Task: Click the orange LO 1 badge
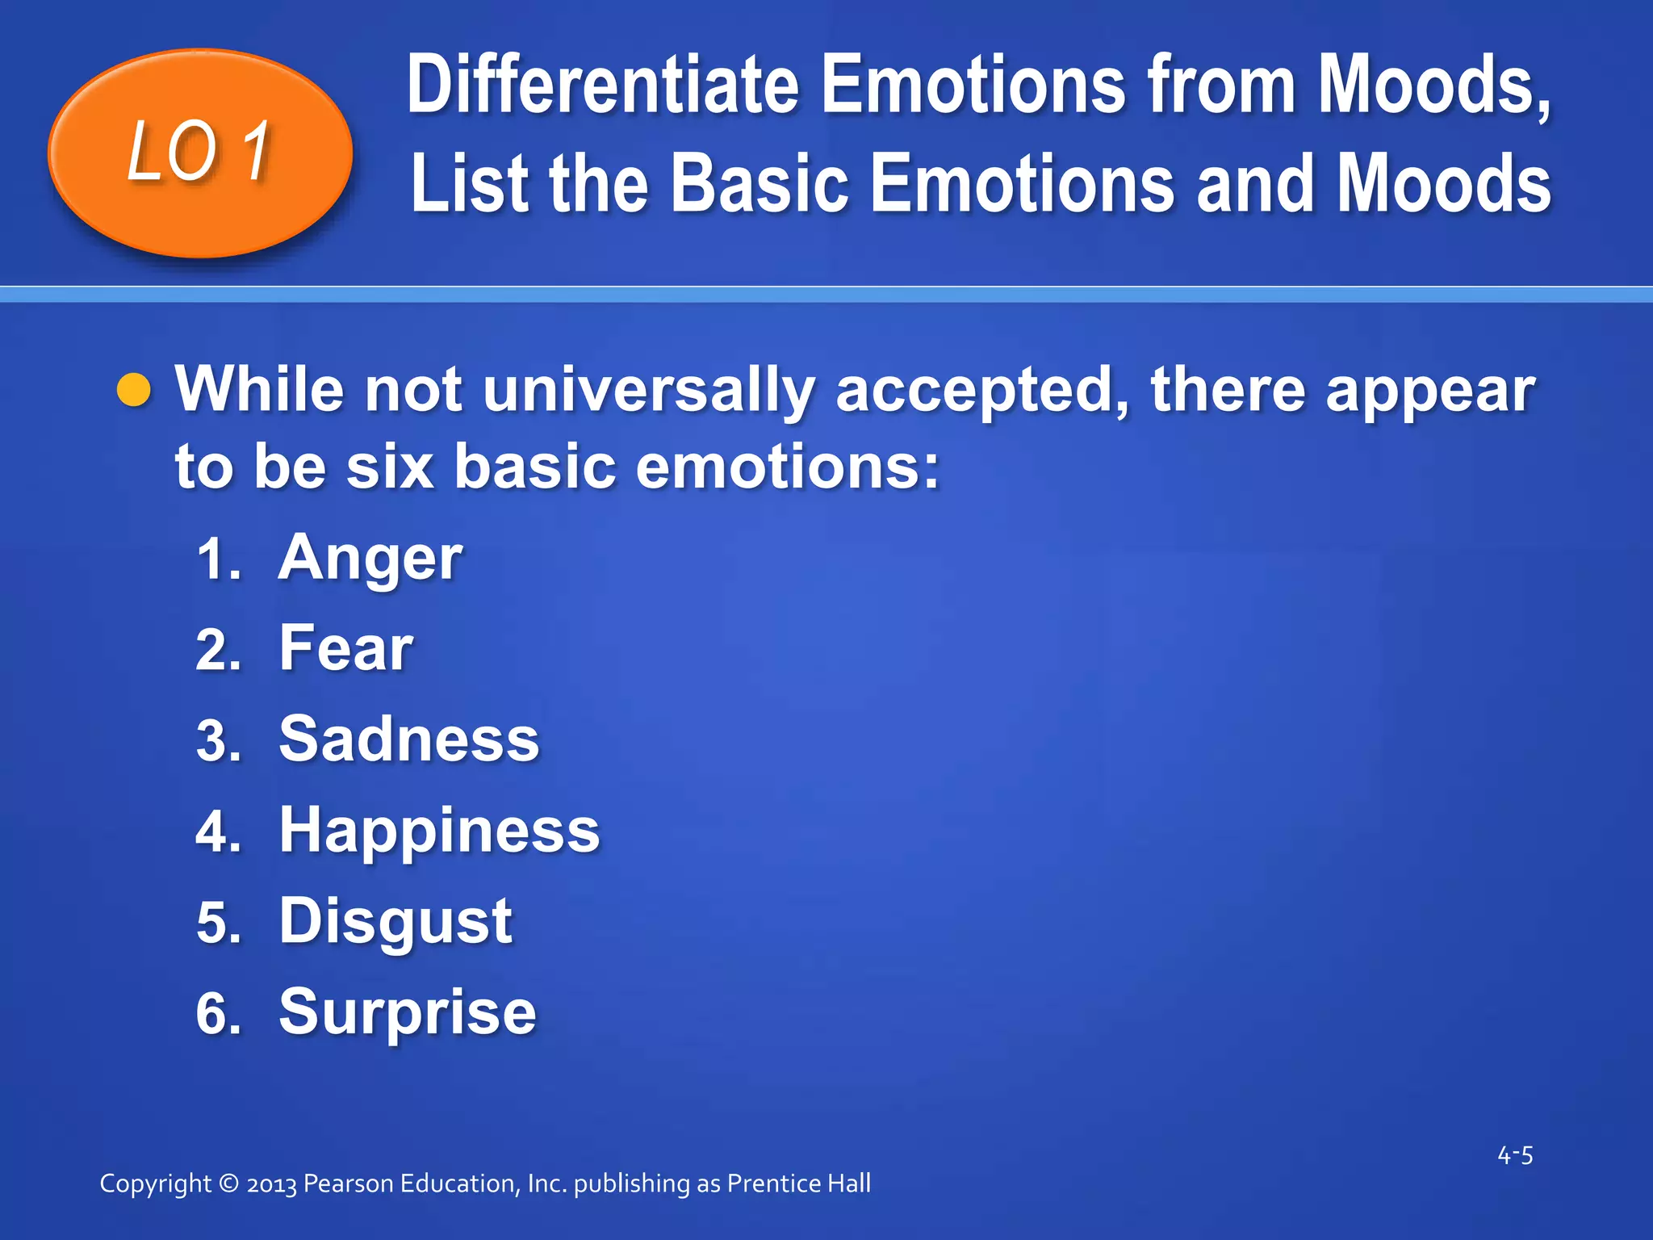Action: [200, 153]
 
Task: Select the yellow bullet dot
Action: [134, 391]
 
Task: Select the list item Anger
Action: [370, 559]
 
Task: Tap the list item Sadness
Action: [408, 739]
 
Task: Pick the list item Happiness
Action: [439, 831]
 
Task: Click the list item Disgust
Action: [395, 922]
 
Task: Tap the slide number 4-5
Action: [1515, 1155]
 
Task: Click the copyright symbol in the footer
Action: [228, 1183]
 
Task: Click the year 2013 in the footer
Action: [272, 1184]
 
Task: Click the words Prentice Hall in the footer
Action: [798, 1183]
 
